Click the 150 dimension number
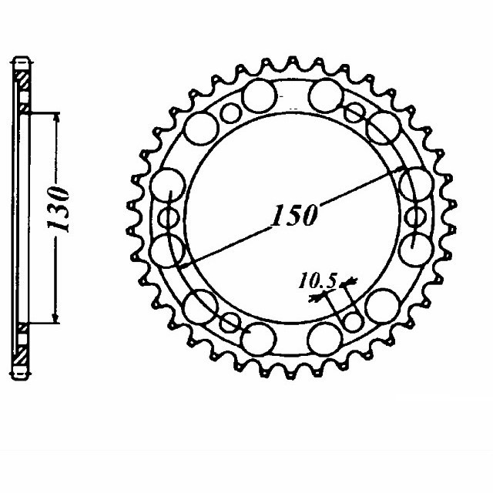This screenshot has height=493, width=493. tap(293, 216)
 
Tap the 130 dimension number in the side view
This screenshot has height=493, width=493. tap(61, 208)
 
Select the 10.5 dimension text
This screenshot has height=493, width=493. tap(318, 283)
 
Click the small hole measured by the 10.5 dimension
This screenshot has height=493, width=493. tap(353, 320)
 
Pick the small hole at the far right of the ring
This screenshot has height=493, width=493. tap(419, 216)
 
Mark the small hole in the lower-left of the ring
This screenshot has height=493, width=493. tap(230, 320)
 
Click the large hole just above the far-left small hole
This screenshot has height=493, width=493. tap(169, 186)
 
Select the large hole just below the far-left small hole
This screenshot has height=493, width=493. tap(169, 250)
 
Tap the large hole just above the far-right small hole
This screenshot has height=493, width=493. tap(417, 185)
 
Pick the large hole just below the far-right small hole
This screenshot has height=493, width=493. tap(417, 248)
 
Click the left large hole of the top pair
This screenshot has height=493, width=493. tap(260, 96)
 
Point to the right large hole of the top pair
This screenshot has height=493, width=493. tap(325, 96)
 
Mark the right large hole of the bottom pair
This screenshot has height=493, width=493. tap(324, 336)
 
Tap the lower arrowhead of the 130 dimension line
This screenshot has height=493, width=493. tap(55, 318)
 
